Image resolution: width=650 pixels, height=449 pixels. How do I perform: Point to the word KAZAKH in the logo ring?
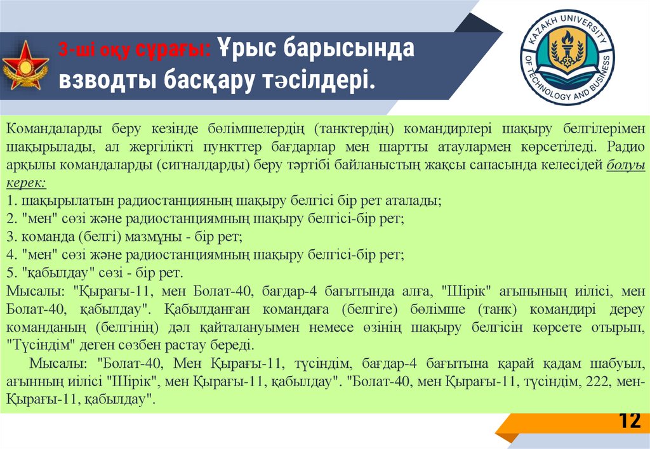(548, 24)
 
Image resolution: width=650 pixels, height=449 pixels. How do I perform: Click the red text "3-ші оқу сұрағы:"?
(136, 50)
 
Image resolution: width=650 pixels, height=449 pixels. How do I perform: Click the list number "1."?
(11, 200)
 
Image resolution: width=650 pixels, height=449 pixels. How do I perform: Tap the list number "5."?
(11, 273)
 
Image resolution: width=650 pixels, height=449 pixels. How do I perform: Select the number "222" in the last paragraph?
(597, 382)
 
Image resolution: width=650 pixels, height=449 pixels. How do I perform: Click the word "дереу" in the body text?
(628, 309)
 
